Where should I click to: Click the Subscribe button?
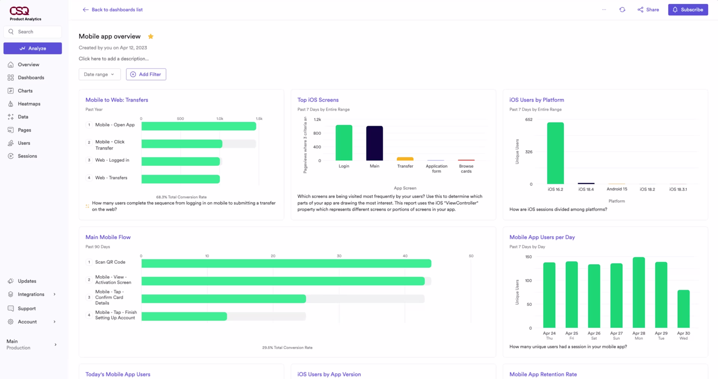click(688, 10)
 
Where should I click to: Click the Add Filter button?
click(146, 74)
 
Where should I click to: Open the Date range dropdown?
click(99, 74)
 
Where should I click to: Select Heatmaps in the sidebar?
click(29, 104)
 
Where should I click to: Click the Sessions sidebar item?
click(27, 156)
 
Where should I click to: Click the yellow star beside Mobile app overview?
click(151, 36)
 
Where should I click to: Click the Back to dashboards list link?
click(113, 10)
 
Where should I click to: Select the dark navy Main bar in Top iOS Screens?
click(374, 143)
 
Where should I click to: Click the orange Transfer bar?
click(405, 159)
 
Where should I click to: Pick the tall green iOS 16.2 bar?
click(555, 153)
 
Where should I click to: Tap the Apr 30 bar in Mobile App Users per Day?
click(683, 309)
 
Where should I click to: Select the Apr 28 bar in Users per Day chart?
click(638, 293)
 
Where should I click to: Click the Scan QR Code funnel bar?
click(286, 264)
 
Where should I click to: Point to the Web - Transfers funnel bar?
click(181, 179)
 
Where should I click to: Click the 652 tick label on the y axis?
click(529, 120)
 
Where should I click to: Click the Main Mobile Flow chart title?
click(108, 237)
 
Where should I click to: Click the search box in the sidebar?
click(33, 32)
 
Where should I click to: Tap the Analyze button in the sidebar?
click(33, 48)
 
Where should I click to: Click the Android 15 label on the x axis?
click(617, 189)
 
